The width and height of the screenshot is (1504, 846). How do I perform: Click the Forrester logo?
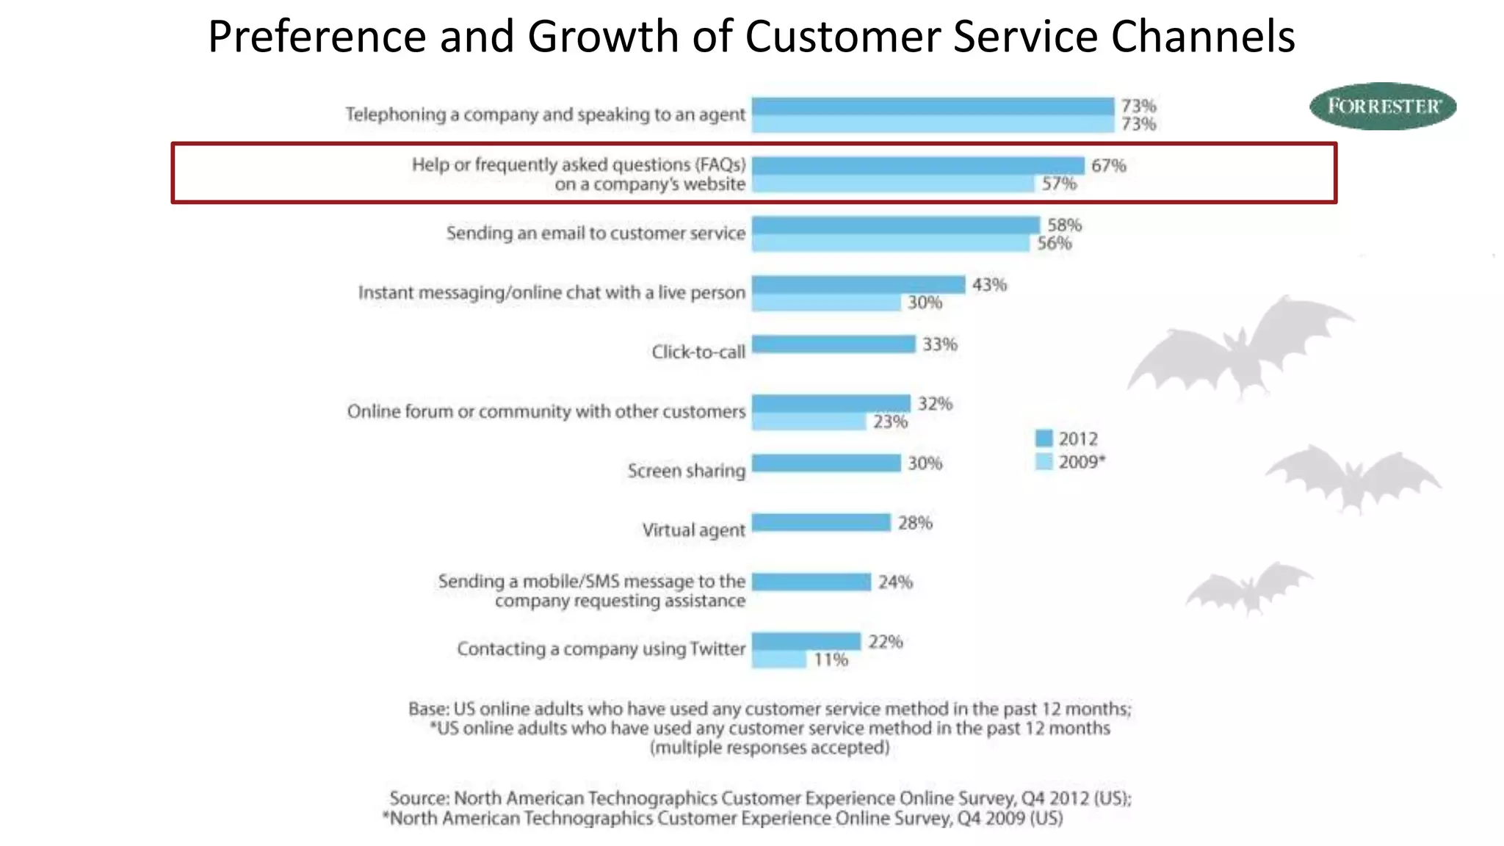click(1383, 106)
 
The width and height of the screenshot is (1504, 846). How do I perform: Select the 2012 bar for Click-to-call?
click(834, 344)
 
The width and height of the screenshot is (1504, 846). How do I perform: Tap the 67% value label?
click(1108, 165)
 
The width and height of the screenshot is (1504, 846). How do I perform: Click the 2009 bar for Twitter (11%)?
click(779, 659)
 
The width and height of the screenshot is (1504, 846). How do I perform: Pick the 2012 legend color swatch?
click(1044, 438)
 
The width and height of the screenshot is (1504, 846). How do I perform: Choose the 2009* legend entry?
click(1071, 462)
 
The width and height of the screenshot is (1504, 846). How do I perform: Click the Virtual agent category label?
click(693, 529)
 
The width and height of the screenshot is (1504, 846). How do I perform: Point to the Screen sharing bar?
click(826, 463)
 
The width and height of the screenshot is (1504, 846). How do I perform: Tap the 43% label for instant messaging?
click(989, 284)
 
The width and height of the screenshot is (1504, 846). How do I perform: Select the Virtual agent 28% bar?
click(821, 522)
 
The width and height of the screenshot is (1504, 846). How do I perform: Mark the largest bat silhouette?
click(1241, 349)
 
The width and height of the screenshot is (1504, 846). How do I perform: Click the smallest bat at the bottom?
click(1248, 587)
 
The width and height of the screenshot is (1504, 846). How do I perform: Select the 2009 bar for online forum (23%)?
click(809, 422)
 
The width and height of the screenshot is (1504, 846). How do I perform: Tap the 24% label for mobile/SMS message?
click(895, 582)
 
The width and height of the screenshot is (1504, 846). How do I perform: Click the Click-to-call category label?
click(698, 352)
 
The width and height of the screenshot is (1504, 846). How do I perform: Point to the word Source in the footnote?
click(418, 798)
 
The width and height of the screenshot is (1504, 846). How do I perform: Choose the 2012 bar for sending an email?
click(896, 225)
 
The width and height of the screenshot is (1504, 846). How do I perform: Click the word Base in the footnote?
click(427, 709)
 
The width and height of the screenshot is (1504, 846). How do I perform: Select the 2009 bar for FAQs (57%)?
click(893, 184)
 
